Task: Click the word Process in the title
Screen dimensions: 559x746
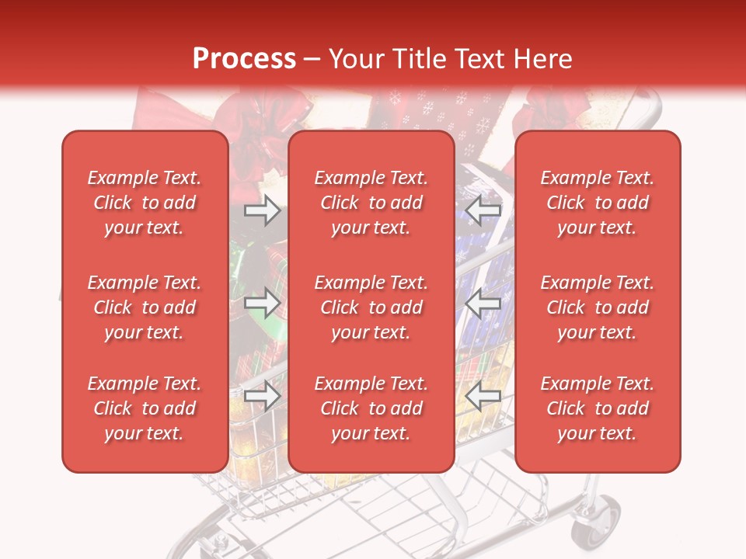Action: pos(244,58)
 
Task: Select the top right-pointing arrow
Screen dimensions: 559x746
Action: pos(262,210)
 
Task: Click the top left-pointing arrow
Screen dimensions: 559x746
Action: pos(483,210)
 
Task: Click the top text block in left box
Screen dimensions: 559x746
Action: pos(145,203)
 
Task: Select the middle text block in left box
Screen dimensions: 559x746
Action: pos(145,307)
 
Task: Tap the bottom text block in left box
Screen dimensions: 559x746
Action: pos(145,408)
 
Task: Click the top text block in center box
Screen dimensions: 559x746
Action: pos(371,203)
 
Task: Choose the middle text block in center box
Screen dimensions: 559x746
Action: pos(371,307)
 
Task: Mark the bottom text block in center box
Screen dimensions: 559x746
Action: pos(371,408)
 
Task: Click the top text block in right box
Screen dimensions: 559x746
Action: pos(597,203)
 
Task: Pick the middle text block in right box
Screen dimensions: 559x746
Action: pos(597,307)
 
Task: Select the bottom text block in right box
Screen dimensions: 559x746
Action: pos(597,408)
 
